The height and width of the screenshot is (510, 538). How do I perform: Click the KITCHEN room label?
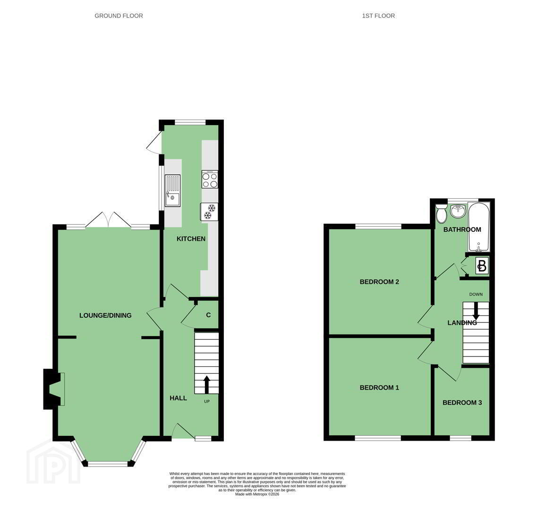click(191, 239)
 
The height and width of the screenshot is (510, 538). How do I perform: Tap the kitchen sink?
click(172, 191)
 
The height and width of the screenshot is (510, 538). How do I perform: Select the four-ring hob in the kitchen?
click(210, 179)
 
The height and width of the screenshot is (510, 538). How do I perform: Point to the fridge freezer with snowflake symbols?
click(209, 211)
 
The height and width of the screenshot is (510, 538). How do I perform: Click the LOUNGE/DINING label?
click(105, 315)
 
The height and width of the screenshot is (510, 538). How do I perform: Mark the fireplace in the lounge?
click(54, 389)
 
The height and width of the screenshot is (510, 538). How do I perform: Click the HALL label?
click(178, 398)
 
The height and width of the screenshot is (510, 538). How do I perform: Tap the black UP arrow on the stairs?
click(206, 384)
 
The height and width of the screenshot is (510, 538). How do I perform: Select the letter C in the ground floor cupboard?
click(208, 315)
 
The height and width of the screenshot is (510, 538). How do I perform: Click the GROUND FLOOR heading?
click(119, 16)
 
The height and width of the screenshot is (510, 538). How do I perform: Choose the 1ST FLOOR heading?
click(378, 16)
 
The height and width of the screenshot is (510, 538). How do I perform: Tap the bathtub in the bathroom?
click(479, 227)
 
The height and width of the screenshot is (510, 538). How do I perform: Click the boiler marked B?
click(482, 266)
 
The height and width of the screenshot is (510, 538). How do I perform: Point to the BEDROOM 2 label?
click(379, 282)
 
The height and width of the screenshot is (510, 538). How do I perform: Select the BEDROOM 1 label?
click(379, 388)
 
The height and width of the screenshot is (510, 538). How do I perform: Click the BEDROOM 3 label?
click(462, 403)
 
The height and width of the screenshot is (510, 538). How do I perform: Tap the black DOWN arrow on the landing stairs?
click(476, 311)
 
